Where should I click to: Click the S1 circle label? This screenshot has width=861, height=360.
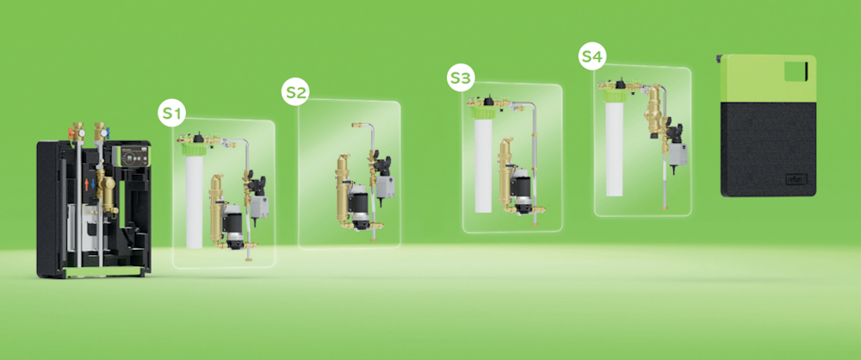(x=172, y=114)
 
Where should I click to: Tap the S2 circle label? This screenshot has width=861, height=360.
(x=295, y=92)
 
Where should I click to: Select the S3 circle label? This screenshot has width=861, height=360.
(x=461, y=79)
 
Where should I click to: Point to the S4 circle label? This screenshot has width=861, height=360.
(x=592, y=57)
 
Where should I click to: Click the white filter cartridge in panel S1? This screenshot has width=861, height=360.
(x=195, y=202)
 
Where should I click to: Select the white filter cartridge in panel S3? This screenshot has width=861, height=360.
(x=483, y=166)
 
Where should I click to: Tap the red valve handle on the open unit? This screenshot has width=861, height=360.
(x=71, y=132)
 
